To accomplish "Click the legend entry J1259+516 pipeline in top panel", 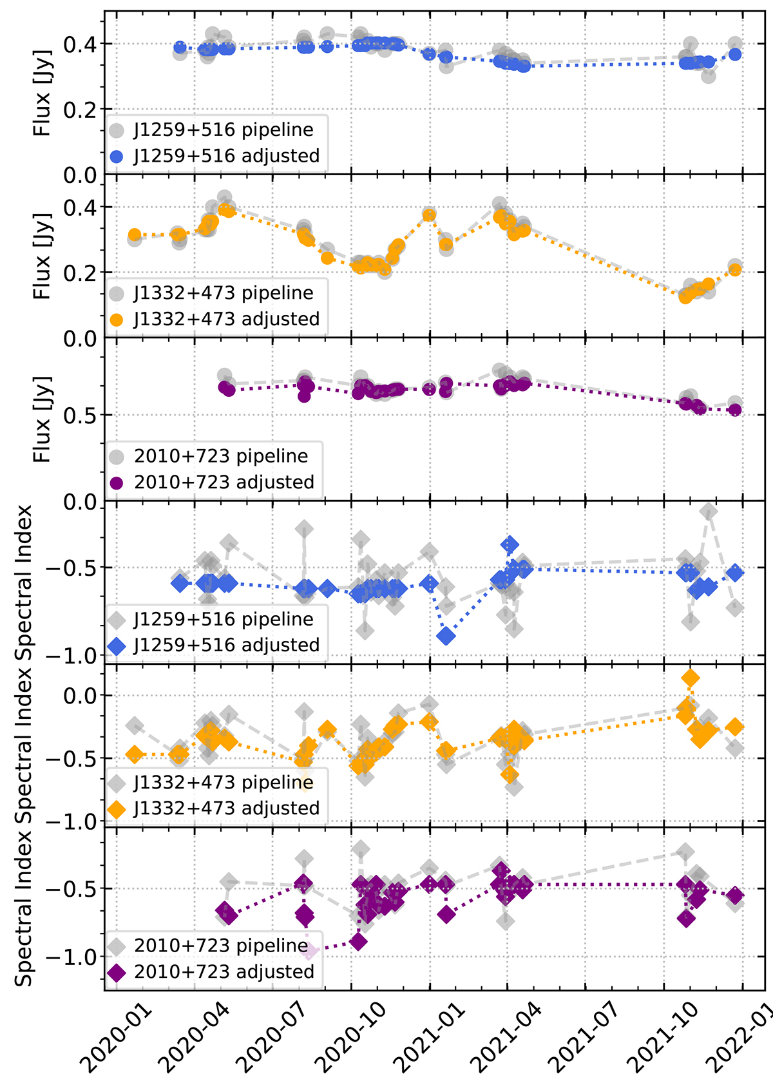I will pyautogui.click(x=223, y=129).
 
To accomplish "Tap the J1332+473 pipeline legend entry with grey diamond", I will pyautogui.click(x=223, y=782).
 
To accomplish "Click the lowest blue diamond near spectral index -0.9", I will pyautogui.click(x=446, y=636).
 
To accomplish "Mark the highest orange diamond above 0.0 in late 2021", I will pyautogui.click(x=690, y=678).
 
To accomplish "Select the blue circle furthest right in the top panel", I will pyautogui.click(x=735, y=54).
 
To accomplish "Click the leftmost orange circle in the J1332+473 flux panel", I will pyautogui.click(x=135, y=235).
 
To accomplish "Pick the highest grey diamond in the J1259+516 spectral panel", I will pyautogui.click(x=709, y=512).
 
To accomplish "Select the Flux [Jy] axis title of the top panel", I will pyautogui.click(x=43, y=93).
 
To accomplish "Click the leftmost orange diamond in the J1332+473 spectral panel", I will pyautogui.click(x=135, y=754).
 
